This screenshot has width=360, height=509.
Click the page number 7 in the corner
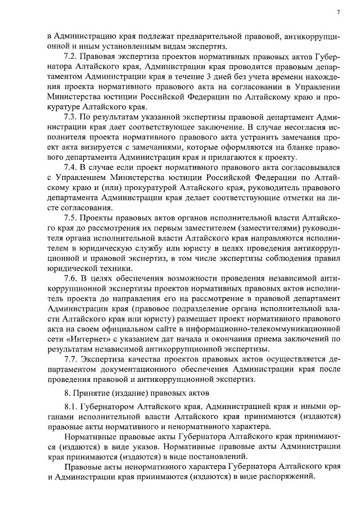(339, 12)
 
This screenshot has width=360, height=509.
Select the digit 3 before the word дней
(210, 77)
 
